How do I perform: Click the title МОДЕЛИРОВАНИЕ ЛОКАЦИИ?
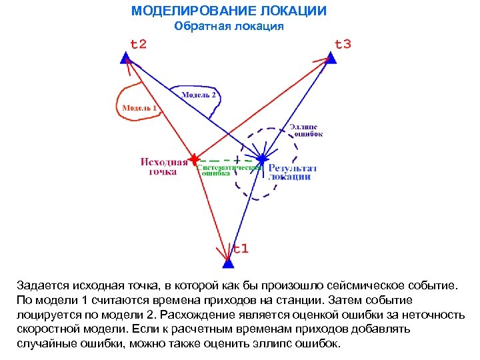(229, 11)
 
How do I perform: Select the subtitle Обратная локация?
(229, 27)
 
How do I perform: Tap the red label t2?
(138, 45)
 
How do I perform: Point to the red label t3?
(343, 45)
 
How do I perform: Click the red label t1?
(240, 249)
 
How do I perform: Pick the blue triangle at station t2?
(125, 59)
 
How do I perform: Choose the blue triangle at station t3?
(331, 59)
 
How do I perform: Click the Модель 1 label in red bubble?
(139, 107)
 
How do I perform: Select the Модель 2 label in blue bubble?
(199, 95)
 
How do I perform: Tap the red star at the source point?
(193, 159)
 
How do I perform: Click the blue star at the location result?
(262, 159)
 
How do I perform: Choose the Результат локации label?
(292, 172)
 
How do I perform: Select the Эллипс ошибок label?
(305, 130)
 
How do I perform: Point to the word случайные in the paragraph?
(45, 344)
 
